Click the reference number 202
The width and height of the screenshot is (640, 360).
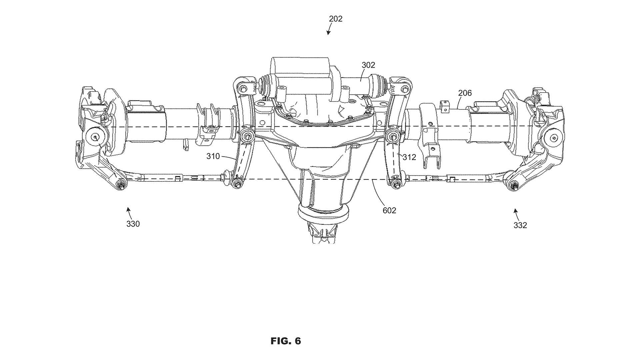335,19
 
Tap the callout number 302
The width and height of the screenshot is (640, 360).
368,65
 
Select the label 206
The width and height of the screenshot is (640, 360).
465,93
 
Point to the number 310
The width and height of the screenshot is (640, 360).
213,156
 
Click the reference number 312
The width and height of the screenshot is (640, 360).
409,157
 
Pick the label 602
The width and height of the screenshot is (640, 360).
389,211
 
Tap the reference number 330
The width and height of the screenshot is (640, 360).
133,224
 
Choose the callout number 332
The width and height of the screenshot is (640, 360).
520,225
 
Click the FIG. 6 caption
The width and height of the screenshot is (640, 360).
286,341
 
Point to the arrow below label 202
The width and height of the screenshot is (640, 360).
329,29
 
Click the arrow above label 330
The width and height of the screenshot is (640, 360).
128,212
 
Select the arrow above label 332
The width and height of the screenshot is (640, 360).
516,214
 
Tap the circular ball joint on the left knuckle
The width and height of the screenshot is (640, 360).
95,137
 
